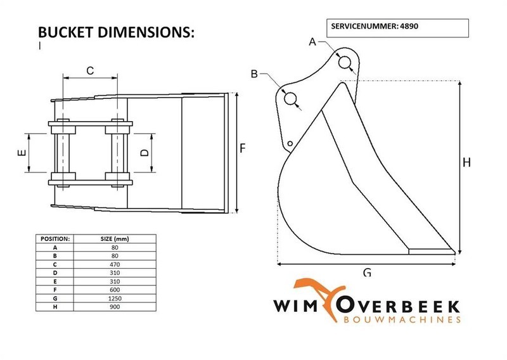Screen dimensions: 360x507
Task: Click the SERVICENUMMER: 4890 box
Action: point(397,29)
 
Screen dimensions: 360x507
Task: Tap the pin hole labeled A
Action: point(345,63)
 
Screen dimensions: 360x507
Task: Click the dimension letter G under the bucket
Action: point(367,273)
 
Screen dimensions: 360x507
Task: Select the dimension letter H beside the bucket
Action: point(467,162)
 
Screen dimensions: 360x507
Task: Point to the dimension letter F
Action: point(243,148)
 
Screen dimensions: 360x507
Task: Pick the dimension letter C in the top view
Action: point(90,70)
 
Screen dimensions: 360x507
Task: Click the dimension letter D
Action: point(144,152)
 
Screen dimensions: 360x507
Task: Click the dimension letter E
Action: point(20,152)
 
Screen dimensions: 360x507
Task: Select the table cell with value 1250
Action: point(115,298)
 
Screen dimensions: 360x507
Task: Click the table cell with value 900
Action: point(115,307)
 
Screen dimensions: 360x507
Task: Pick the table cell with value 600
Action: point(115,290)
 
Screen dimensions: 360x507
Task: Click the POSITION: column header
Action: point(55,238)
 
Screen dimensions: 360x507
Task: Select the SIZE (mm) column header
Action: point(115,238)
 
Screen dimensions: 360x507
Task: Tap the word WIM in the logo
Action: point(297,305)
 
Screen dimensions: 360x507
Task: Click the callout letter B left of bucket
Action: point(255,74)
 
